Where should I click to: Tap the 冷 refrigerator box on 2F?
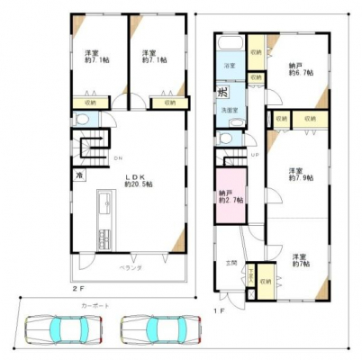tap(79, 175)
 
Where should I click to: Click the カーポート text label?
tap(95, 306)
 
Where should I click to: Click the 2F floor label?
tap(78, 291)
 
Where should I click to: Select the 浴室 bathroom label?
tap(229, 66)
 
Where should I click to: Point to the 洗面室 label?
tap(231, 111)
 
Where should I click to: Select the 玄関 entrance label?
tap(231, 263)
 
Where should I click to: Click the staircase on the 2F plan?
tap(89, 145)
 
